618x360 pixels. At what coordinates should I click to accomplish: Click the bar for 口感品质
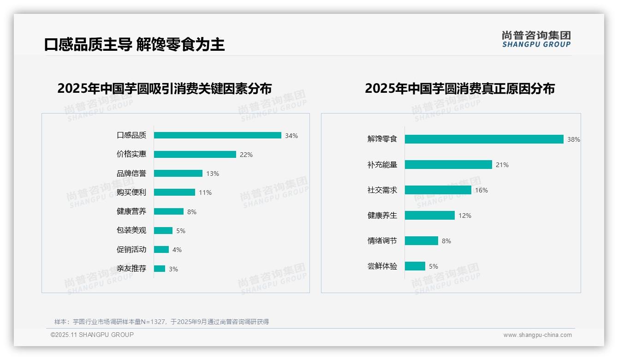coord(217,135)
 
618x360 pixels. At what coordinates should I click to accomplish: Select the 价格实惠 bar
coord(195,155)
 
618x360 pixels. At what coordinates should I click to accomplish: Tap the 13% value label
coord(213,174)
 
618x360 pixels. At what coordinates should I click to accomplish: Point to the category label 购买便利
coord(131,192)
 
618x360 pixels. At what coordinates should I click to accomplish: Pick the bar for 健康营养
coord(168,211)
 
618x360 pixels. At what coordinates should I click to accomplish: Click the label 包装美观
coord(131,230)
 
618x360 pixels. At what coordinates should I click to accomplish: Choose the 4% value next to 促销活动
coord(177,250)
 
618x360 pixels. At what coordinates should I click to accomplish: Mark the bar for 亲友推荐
coord(159,269)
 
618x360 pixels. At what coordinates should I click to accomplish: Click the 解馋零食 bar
coord(484,139)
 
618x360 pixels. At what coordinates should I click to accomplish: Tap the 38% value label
coord(573,139)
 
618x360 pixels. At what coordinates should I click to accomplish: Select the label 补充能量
coord(382,165)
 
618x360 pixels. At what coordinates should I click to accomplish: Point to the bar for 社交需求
coord(438,190)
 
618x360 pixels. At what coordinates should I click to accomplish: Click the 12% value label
coord(465,216)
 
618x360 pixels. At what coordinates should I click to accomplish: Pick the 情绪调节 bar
coord(421,241)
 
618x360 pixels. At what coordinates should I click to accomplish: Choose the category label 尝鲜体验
coord(382,266)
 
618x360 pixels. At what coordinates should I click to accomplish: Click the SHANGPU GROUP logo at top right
coord(536,39)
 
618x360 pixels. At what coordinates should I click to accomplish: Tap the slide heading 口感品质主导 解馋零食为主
coord(134,44)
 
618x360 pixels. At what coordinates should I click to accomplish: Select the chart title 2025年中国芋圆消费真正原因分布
coord(459,88)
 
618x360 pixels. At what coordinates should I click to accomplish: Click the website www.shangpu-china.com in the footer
coord(537,335)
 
